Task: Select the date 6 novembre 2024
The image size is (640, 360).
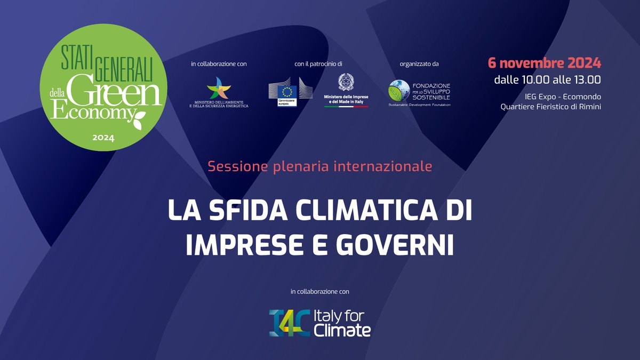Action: [545, 63]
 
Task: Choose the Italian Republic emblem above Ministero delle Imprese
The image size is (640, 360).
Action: [346, 82]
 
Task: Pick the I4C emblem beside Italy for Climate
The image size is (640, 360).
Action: [288, 323]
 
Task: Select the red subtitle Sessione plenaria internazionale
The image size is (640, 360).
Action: [319, 166]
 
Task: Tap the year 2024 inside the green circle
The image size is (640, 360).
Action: [103, 138]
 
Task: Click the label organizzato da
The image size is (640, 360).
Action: [419, 64]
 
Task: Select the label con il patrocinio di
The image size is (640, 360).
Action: [318, 64]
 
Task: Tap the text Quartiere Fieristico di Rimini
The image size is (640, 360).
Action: [550, 107]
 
